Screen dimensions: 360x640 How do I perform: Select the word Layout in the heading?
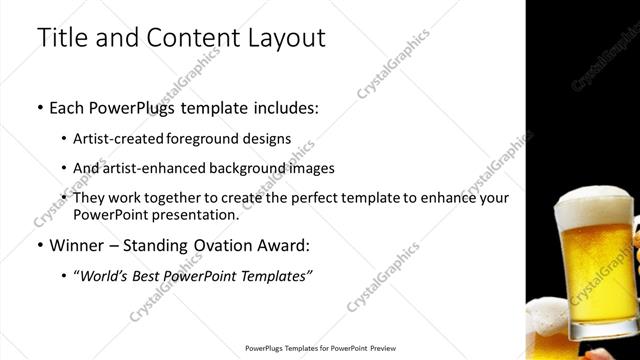point(280,39)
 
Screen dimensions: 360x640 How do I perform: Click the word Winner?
point(76,245)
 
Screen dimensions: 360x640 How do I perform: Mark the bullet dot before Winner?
point(39,246)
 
